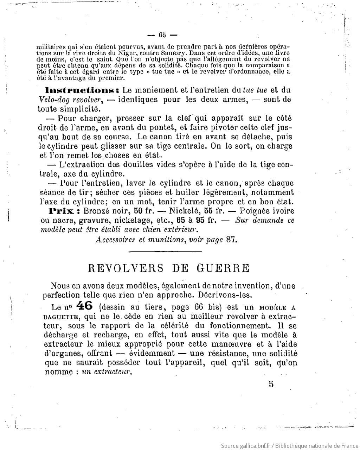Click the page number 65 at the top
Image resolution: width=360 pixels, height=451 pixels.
pyautogui.click(x=162, y=35)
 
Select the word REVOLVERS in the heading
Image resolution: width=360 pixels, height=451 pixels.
pyautogui.click(x=126, y=268)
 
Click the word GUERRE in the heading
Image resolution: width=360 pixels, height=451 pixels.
pyautogui.click(x=223, y=268)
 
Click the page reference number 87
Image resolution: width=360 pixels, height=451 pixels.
pyautogui.click(x=231, y=240)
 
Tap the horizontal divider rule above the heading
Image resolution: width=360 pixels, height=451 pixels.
pyautogui.click(x=165, y=251)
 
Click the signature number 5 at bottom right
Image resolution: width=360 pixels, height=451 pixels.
pyautogui.click(x=271, y=384)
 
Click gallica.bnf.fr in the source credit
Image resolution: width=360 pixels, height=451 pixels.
pyautogui.click(x=254, y=446)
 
